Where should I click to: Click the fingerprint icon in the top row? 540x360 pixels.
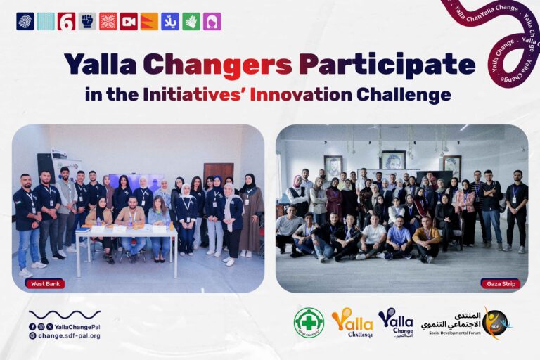25,21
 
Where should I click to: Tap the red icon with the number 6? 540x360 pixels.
66,21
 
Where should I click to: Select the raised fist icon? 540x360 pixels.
87,21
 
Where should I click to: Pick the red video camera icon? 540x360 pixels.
129,21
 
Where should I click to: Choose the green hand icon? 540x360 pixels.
191,21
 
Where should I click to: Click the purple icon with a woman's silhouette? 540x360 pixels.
212,21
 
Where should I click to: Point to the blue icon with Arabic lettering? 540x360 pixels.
170,21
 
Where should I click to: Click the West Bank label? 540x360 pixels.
46,283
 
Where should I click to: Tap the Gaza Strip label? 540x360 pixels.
500,283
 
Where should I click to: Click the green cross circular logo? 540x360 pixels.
309,323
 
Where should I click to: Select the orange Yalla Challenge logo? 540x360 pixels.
352,323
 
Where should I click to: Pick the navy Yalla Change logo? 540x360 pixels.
396,322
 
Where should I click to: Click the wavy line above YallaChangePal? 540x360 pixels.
64,314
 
